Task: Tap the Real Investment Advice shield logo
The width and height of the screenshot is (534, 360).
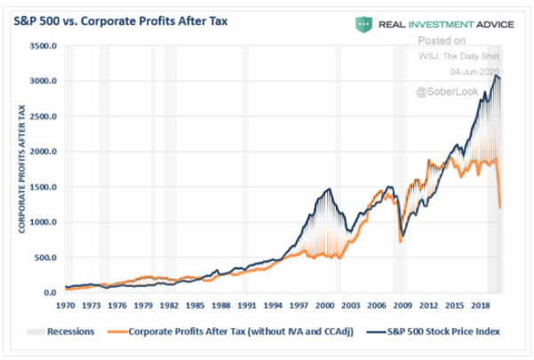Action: [x=363, y=23]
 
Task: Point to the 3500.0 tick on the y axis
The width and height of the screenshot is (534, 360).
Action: [x=43, y=46]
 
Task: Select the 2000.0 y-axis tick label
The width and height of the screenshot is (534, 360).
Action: [x=43, y=152]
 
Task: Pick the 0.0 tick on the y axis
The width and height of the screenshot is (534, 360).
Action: [x=49, y=292]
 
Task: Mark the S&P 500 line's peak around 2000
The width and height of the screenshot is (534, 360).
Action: [x=330, y=188]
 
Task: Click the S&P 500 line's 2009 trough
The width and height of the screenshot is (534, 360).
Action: [x=401, y=238]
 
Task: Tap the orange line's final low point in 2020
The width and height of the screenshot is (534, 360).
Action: [x=500, y=208]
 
